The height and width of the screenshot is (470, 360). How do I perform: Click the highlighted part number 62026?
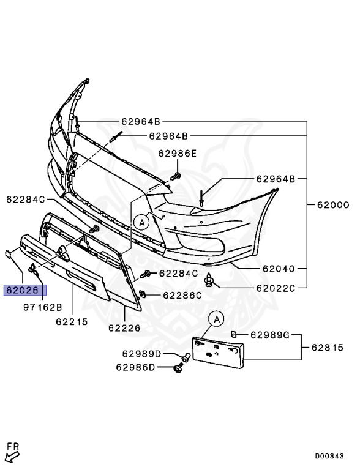click(23, 290)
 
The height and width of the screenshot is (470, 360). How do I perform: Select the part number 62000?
click(333, 205)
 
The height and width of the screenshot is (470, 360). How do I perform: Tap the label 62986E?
click(178, 154)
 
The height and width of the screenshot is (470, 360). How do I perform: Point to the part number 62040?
click(279, 269)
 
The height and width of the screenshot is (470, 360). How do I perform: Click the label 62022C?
click(276, 288)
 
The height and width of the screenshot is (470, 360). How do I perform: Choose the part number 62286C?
click(182, 296)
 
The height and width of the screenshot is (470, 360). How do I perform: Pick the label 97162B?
click(43, 307)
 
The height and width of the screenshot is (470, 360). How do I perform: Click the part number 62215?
click(72, 322)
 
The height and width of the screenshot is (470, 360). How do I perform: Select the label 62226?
click(124, 328)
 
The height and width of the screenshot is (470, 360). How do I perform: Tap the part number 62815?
click(328, 348)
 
